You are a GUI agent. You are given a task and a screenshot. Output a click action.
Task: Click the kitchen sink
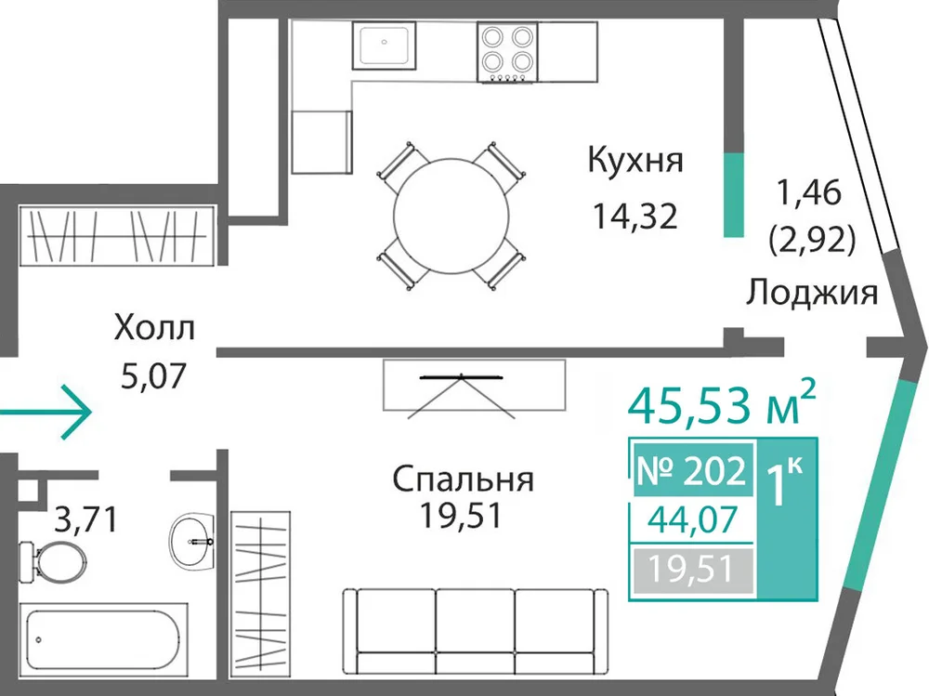(x=384, y=44)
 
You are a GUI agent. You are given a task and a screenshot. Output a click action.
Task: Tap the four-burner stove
(x=507, y=52)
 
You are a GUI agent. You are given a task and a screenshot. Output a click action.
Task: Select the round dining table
(x=451, y=216)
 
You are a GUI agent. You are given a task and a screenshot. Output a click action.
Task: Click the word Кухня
(x=635, y=161)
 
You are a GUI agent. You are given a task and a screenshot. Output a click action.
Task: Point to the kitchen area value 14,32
(x=635, y=217)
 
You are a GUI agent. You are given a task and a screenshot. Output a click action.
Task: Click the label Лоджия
(x=811, y=293)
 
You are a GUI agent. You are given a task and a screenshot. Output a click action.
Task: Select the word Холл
(x=154, y=328)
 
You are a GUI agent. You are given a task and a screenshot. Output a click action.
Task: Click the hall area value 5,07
(x=153, y=375)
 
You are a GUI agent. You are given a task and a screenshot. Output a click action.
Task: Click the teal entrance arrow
(x=46, y=412)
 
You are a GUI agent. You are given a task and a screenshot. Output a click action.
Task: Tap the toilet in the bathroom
(x=51, y=560)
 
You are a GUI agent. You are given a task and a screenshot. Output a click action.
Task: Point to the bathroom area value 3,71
(x=86, y=519)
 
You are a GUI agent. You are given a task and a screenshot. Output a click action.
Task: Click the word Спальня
(x=463, y=479)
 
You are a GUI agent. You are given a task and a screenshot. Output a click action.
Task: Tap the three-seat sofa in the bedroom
(x=476, y=631)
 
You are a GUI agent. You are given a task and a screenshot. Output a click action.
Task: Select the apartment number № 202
(x=691, y=471)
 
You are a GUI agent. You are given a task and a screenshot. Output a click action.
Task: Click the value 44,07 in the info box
(x=693, y=519)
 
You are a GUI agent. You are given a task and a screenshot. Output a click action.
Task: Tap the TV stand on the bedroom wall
(x=474, y=385)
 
